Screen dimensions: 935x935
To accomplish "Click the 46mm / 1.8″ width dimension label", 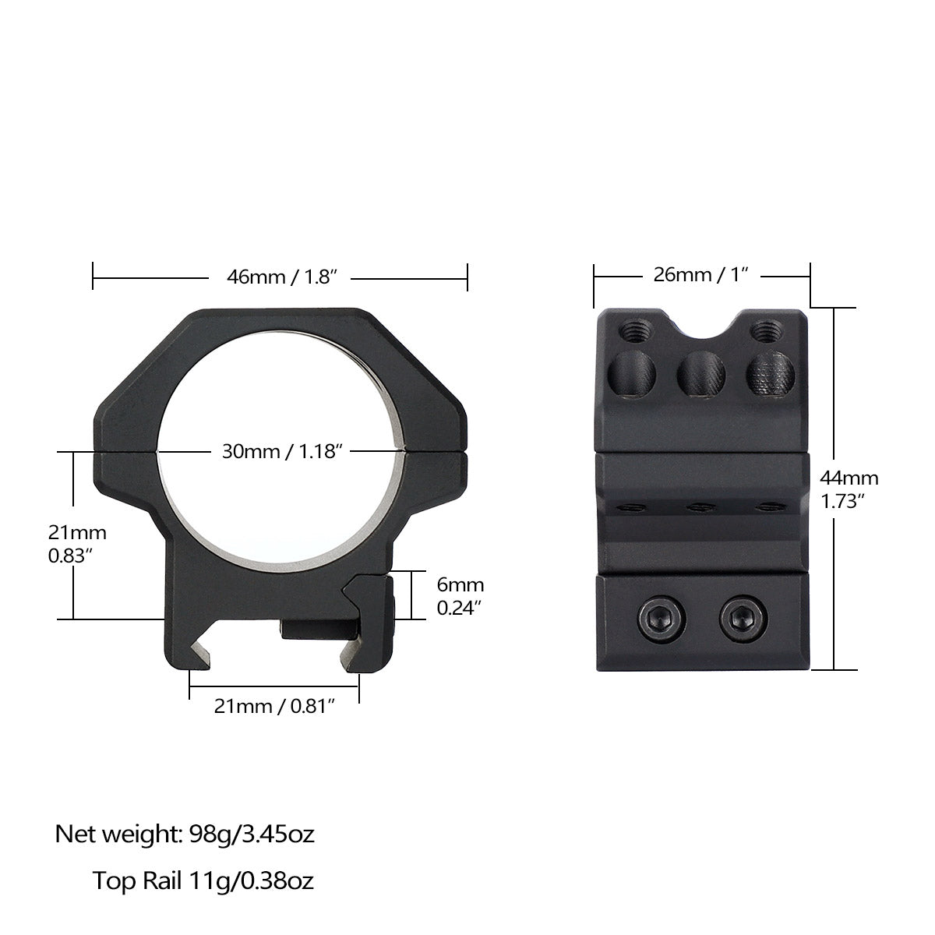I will coord(280,277).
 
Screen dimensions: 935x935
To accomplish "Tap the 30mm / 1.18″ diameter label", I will coord(283,452).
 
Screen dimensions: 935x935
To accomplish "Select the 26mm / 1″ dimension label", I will coord(701,275).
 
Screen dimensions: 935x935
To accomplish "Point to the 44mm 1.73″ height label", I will coord(849,489).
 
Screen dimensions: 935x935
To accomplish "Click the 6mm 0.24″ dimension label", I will coord(460,596).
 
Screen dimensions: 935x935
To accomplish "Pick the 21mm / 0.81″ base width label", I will coord(274,706).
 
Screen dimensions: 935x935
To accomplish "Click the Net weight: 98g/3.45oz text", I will coord(185,834).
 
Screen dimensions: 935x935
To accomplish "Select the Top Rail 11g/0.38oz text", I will coord(203,881).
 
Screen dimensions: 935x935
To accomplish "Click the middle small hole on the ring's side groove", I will coord(700,507).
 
